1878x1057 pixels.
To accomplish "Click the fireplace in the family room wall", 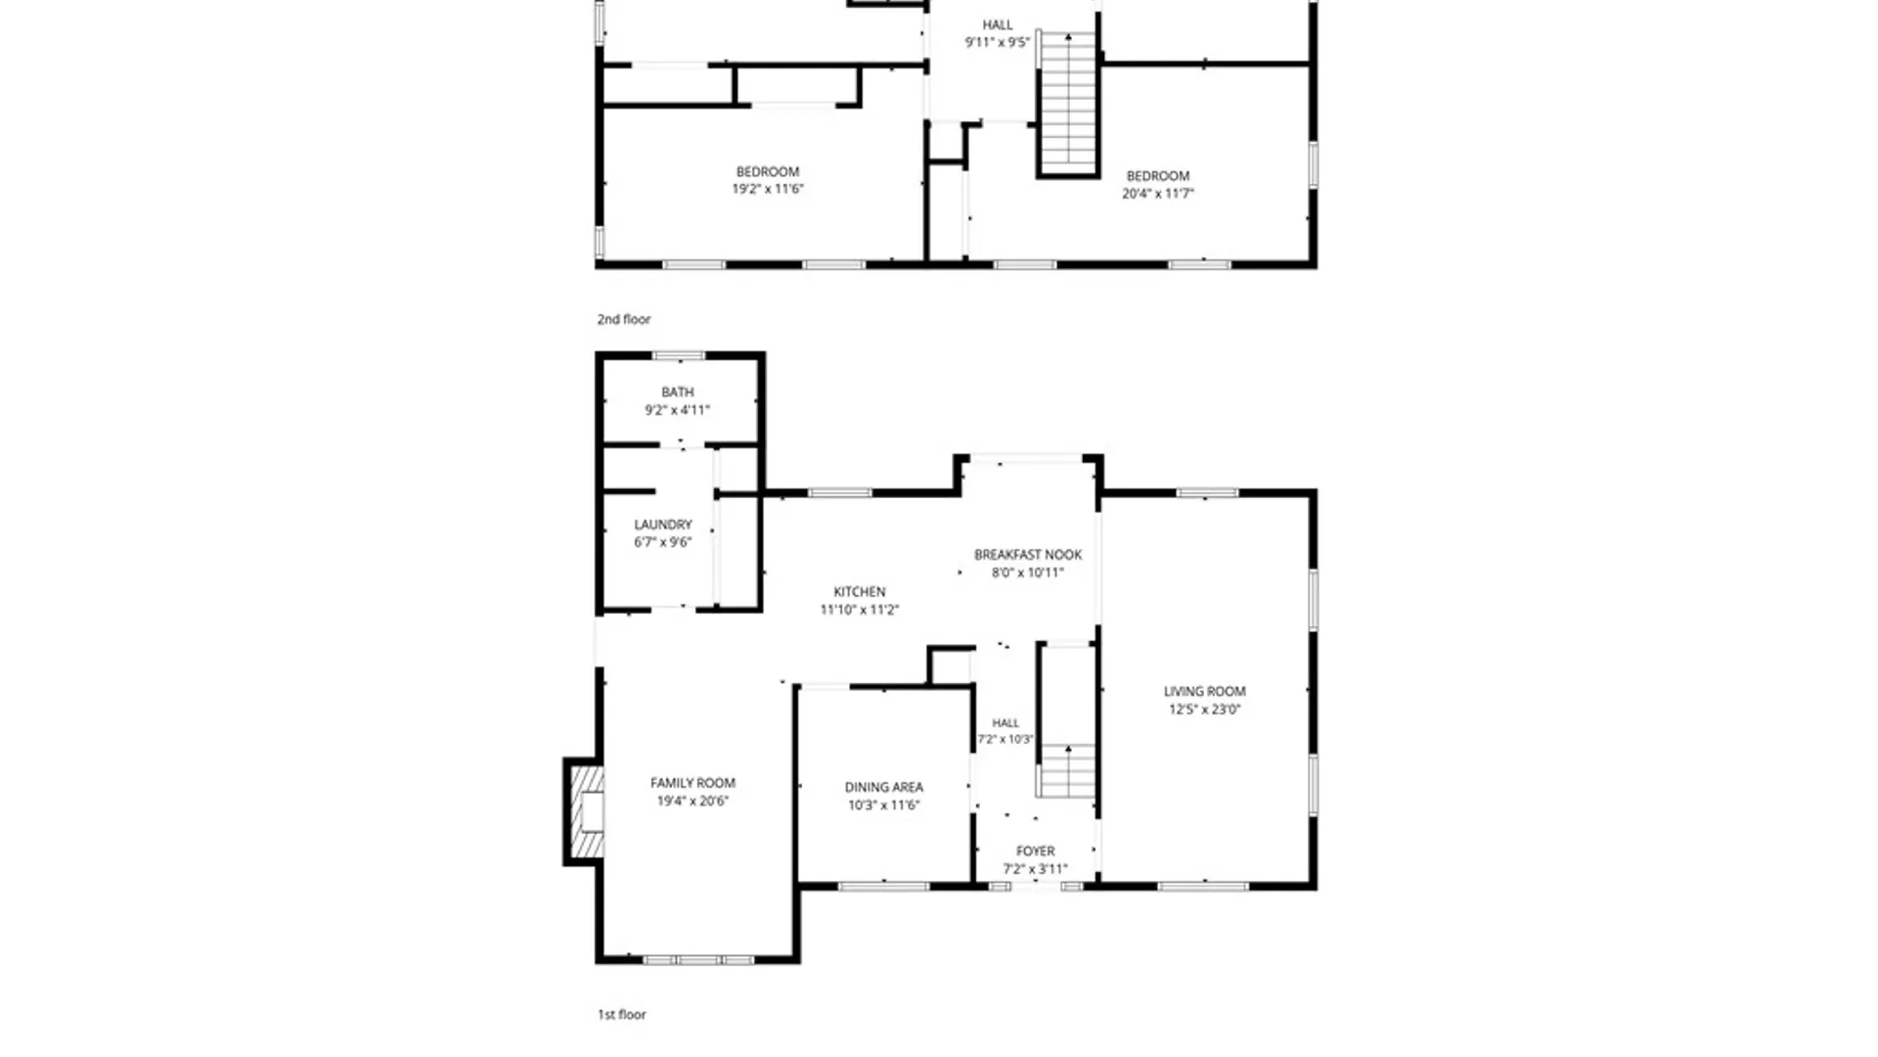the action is (x=584, y=811).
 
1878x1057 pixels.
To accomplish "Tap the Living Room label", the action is (x=1204, y=691).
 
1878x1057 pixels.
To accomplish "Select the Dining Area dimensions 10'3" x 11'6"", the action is (x=883, y=805).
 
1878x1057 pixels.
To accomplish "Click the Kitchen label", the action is (x=860, y=592).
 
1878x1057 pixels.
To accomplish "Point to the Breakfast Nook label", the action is (x=1028, y=555).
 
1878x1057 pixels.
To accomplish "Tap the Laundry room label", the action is (x=663, y=525).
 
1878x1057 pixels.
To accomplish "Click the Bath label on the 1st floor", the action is (x=678, y=392).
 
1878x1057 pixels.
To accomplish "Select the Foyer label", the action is (x=1036, y=851).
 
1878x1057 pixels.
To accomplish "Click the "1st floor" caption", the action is (x=622, y=1015).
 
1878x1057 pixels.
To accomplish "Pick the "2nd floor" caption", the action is (x=624, y=319).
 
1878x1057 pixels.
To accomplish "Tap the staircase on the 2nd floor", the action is (x=1068, y=104).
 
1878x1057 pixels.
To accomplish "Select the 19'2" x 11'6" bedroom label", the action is (x=768, y=180).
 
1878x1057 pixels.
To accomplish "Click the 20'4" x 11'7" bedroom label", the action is (x=1158, y=185).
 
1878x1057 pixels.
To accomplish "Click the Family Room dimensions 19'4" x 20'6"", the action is (x=693, y=801).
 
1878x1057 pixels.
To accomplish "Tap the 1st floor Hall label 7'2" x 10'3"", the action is (x=1006, y=731).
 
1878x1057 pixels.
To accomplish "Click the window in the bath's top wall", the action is (x=679, y=356).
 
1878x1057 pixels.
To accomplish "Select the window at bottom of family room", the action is (x=698, y=960).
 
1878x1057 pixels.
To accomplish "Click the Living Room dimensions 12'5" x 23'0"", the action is (x=1204, y=710).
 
